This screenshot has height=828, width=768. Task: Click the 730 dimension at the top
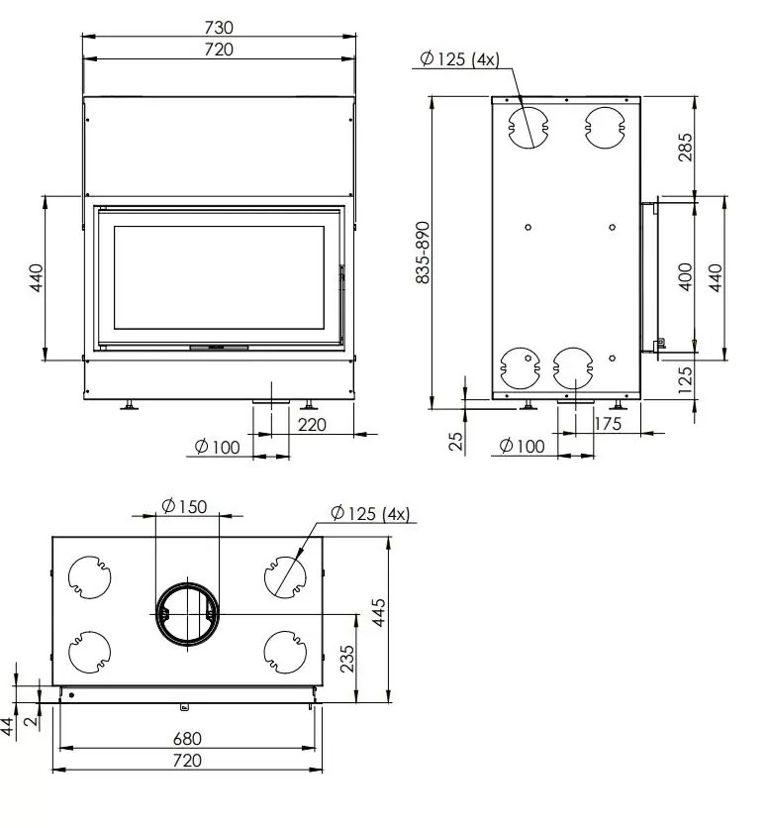[219, 28]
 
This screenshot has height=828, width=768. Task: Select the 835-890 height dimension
[423, 252]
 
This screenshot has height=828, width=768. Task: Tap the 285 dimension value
[686, 146]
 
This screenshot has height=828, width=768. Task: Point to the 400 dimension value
[686, 274]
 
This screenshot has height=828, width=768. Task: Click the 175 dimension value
[610, 424]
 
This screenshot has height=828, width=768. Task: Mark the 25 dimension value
[456, 441]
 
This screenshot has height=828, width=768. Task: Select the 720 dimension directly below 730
[219, 49]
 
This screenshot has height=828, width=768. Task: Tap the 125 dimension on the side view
[686, 377]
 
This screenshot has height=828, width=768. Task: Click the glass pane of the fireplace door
[219, 278]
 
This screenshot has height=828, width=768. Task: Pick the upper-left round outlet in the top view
[89, 575]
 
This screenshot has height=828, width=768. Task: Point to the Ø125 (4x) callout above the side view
[460, 59]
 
